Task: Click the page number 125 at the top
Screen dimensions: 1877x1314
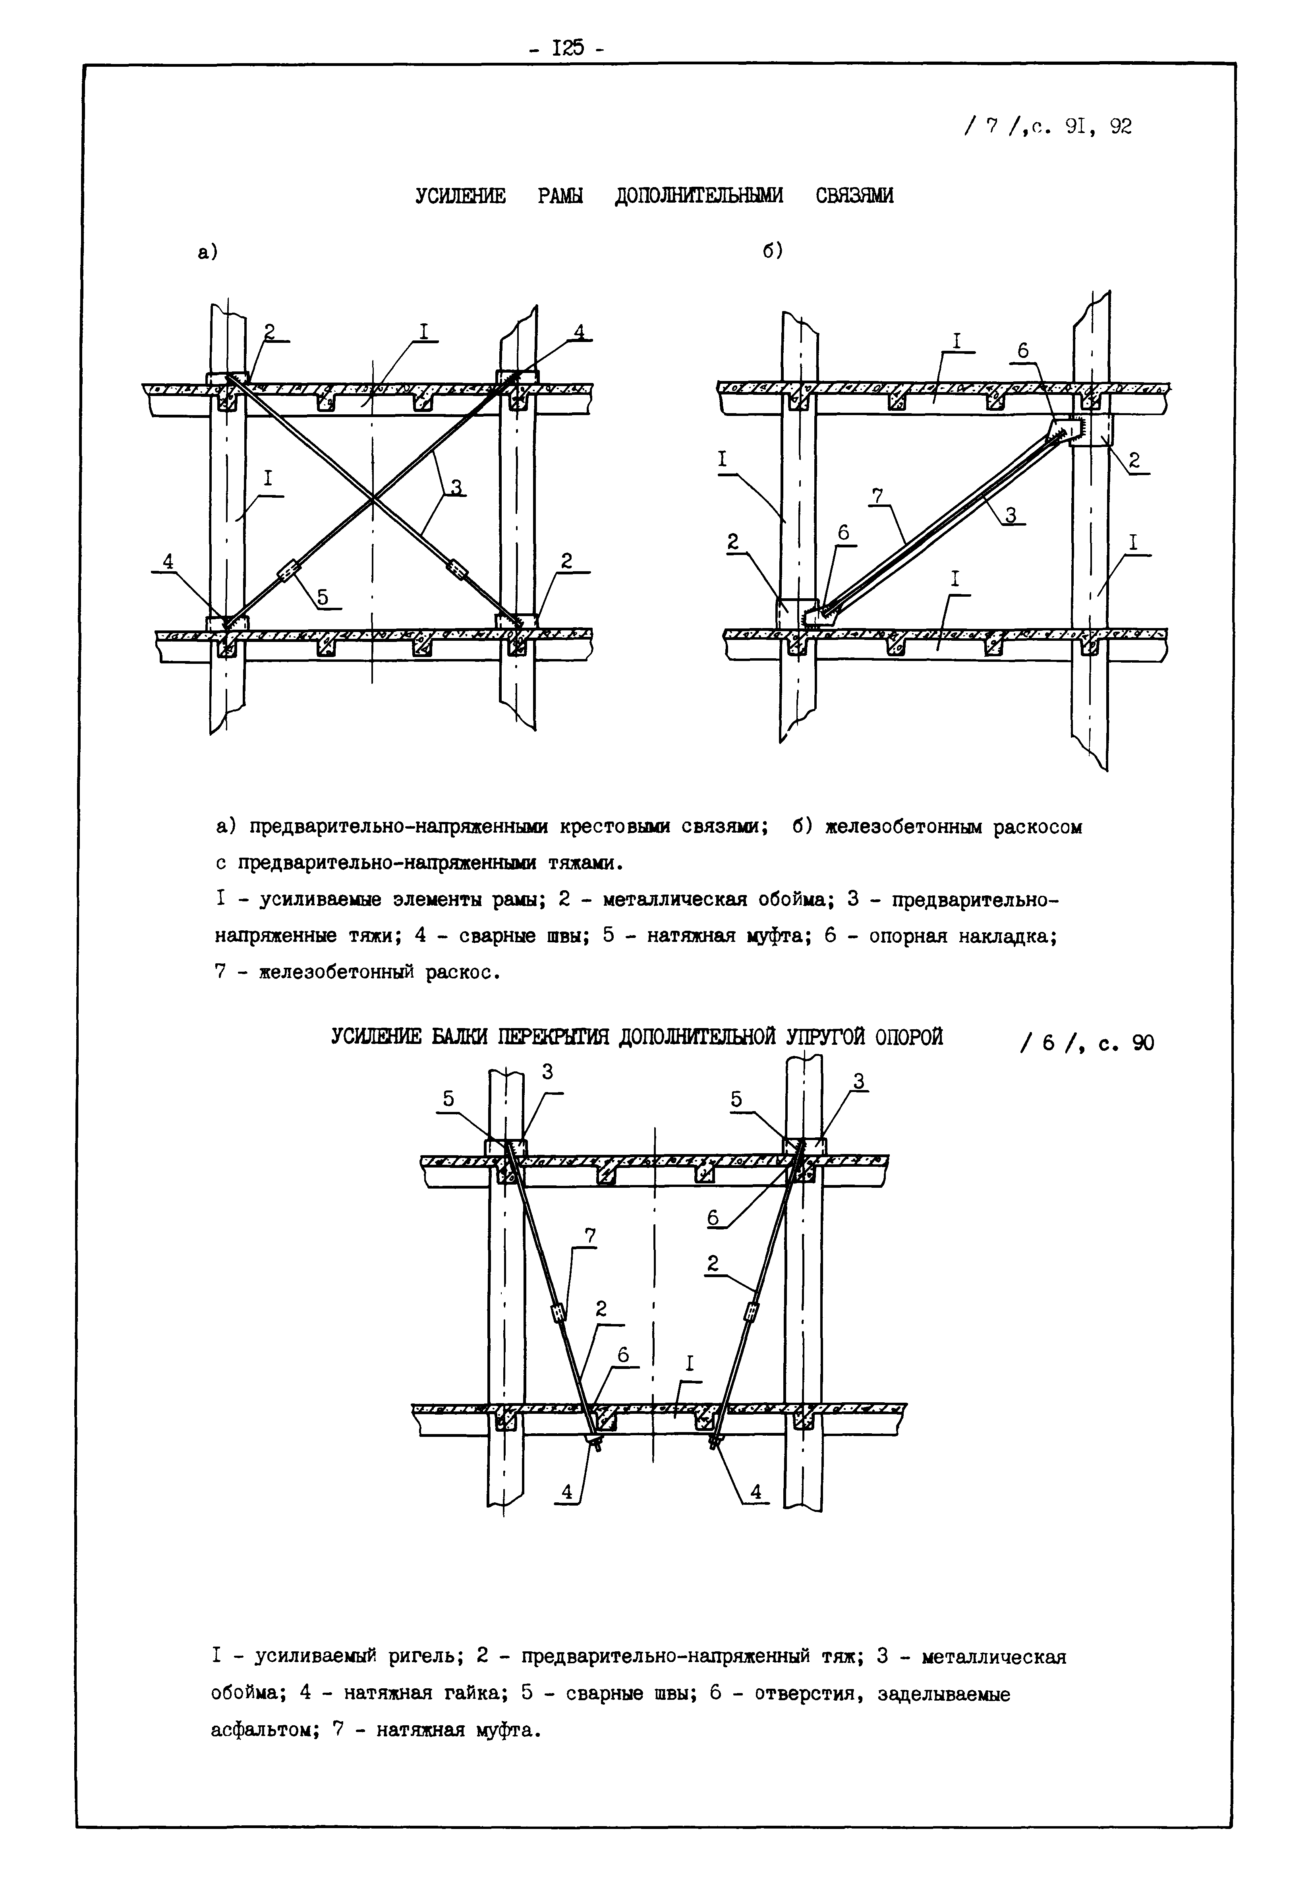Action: pyautogui.click(x=567, y=49)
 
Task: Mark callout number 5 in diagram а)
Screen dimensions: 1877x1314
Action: pyautogui.click(x=324, y=597)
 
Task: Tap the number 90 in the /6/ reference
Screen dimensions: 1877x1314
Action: pyautogui.click(x=1142, y=1043)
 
